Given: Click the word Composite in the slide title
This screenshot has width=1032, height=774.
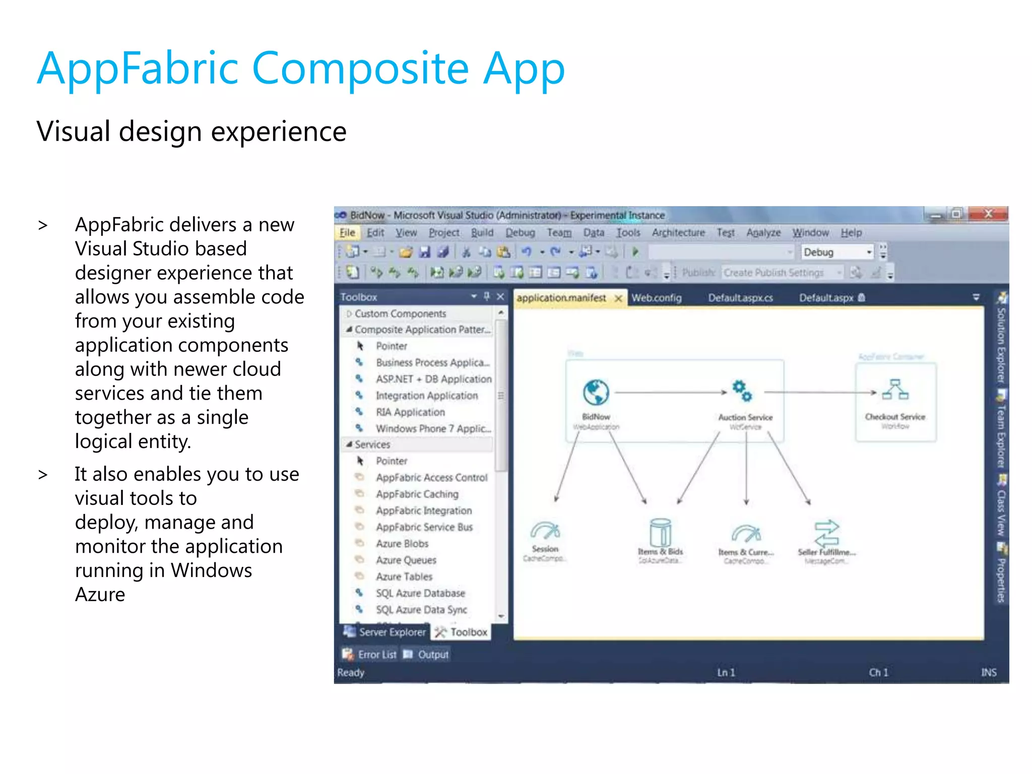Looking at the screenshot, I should (360, 70).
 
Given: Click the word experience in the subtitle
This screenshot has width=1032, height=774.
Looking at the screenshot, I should (278, 132).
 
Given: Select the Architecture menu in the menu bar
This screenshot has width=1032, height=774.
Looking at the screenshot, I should (678, 233).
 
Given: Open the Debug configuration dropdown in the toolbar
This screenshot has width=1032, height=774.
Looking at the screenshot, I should (869, 252).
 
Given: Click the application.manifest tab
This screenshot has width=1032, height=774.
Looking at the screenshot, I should (561, 298).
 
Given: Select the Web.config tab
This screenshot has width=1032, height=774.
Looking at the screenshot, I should (657, 298).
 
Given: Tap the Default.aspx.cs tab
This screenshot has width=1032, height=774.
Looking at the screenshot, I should (740, 298).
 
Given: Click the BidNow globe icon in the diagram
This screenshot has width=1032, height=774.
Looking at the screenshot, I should (596, 393).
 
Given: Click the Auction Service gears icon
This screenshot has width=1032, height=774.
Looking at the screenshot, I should (742, 391).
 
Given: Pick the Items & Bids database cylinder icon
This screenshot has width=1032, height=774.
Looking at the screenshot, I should (660, 532).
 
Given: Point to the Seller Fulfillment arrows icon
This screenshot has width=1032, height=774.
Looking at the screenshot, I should (826, 533).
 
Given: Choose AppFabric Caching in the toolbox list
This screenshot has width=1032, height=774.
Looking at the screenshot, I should (417, 494).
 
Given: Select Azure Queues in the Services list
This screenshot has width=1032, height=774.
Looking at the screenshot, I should (406, 560).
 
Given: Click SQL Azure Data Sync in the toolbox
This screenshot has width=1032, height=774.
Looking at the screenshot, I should (421, 610).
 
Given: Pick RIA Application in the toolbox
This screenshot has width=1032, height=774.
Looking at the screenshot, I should (410, 412).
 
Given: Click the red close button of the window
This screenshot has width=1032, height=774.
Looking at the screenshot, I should (988, 214).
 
